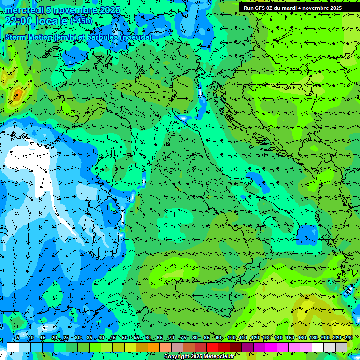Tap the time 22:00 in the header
(19, 21)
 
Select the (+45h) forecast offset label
(81, 21)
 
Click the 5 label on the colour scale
(18, 337)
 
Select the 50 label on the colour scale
(124, 337)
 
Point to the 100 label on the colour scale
(231, 337)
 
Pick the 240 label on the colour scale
(348, 337)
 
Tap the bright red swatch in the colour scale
(212, 346)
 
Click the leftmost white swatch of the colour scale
(13, 346)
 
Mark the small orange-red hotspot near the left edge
(17, 95)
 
